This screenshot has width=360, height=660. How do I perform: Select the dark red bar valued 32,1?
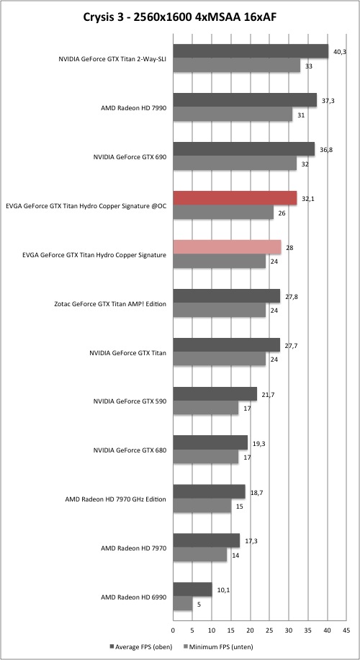235,198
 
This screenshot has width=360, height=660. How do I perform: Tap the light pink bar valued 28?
227,247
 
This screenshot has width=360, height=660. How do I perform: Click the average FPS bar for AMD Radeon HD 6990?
193,589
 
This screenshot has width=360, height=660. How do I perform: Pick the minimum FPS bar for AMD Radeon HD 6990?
183,604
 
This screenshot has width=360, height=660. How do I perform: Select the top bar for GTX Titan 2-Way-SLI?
251,51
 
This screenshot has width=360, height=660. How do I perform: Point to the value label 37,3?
327,101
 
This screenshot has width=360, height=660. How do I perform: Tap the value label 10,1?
222,589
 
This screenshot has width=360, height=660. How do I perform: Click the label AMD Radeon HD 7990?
134,108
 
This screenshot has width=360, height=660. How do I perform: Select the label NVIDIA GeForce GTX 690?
130,157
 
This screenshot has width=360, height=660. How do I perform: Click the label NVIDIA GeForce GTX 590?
130,401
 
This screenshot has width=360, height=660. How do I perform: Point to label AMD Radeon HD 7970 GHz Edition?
116,499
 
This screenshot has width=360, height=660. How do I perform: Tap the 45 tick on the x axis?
346,630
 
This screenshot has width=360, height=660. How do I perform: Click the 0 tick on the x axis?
174,630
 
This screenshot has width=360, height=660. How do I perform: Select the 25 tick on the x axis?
269,630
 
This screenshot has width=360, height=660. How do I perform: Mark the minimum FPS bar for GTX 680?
206,457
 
